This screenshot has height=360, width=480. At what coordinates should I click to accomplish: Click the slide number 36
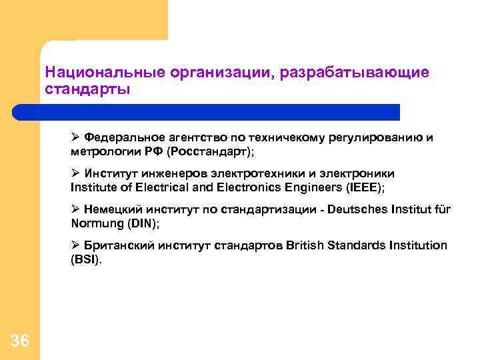click(x=20, y=341)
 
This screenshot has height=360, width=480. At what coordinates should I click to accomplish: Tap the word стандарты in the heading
click(x=87, y=89)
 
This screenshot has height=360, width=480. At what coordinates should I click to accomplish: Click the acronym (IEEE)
click(x=363, y=187)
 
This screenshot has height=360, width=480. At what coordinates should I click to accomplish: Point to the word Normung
click(x=93, y=223)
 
